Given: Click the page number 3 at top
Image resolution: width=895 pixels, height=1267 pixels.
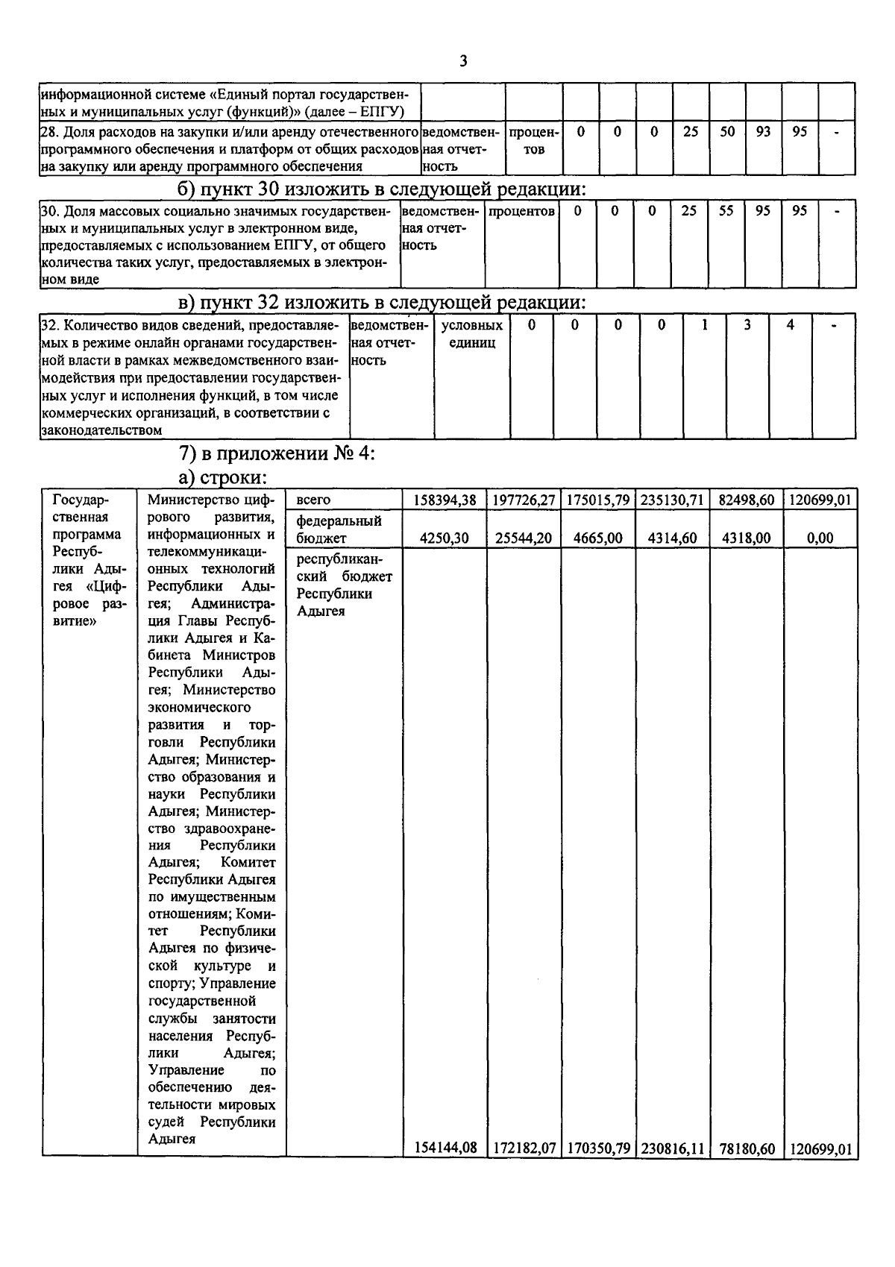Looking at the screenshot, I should click(463, 61).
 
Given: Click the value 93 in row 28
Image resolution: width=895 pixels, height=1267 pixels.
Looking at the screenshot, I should click(763, 132).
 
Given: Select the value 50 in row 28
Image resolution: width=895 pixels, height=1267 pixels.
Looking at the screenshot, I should click(727, 132).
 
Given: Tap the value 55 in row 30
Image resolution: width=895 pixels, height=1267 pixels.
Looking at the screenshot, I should click(726, 211).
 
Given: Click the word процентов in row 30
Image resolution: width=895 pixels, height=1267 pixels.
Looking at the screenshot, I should click(521, 211).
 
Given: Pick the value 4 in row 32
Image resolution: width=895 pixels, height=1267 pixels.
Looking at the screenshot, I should click(790, 325).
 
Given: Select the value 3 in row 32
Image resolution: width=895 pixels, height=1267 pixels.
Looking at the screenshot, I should click(747, 325).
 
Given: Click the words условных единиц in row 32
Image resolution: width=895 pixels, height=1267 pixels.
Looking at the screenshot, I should click(472, 334).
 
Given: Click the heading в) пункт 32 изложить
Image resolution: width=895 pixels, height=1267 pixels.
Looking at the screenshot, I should click(383, 302).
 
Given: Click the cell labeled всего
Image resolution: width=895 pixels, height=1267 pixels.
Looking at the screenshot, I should click(313, 500).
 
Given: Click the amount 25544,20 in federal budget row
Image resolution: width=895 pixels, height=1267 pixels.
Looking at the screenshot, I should click(524, 538).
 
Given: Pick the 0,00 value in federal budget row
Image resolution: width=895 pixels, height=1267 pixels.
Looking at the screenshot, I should click(820, 538).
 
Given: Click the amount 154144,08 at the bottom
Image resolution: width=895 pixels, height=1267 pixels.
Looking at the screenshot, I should click(445, 1148).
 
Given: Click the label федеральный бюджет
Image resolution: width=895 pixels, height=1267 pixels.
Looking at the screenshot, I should click(339, 529).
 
